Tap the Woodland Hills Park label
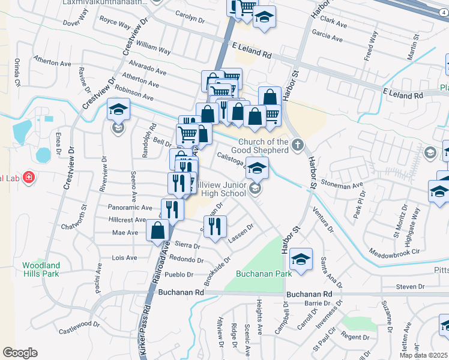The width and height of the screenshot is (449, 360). pos(41,269)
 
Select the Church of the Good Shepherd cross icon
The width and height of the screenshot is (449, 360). pos(298,144)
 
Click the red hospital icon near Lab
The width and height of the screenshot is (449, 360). pos(28,177)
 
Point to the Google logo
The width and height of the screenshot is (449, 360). pos(20,352)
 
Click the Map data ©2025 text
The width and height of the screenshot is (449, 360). pos(424,355)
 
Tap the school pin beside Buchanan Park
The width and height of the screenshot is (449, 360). pos(301,259)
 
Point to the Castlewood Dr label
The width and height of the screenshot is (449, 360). pos(79,327)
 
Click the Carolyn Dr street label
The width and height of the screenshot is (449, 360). pos(190,17)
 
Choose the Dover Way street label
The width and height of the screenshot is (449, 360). pos(75,23)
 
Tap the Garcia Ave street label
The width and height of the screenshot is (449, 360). pos(328,36)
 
